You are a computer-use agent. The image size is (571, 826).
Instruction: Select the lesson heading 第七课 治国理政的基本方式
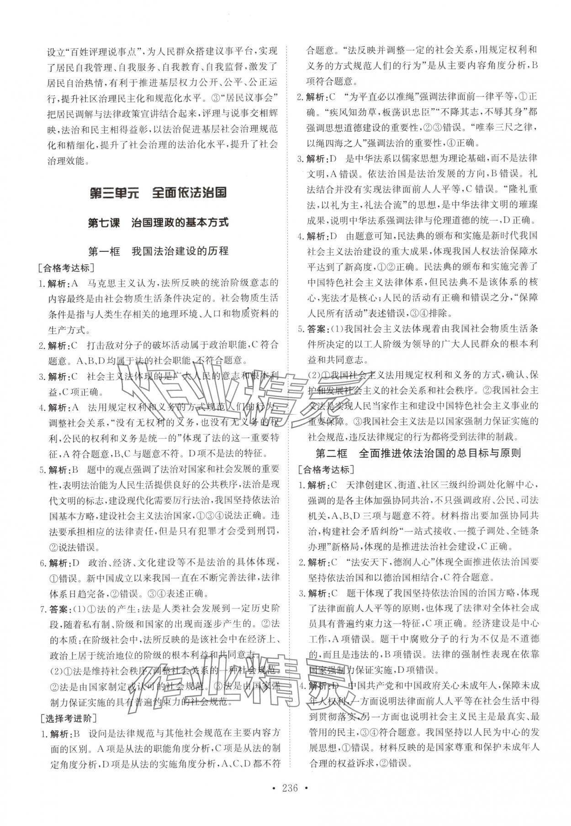158,223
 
